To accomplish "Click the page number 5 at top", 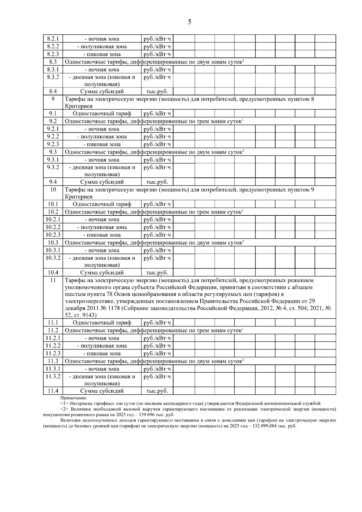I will coord(189,22).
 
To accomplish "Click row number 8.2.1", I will coord(53,39).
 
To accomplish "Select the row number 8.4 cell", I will coord(53,91).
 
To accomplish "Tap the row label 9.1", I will coord(53,113).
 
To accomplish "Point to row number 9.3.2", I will coord(53,167).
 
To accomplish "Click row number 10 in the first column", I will coord(53,190).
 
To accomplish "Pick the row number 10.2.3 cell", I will coord(53,235).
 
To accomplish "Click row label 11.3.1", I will coord(53,369).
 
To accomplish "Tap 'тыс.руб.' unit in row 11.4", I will coord(157,391).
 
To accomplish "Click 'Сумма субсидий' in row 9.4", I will coord(102,182).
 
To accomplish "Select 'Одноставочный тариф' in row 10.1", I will coord(102,204).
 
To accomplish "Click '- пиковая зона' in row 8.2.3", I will coord(102,54).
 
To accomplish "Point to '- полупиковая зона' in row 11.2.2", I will coord(102,346).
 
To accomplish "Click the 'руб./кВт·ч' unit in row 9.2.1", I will coord(157,129).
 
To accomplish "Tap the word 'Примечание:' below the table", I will coord(74,398).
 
